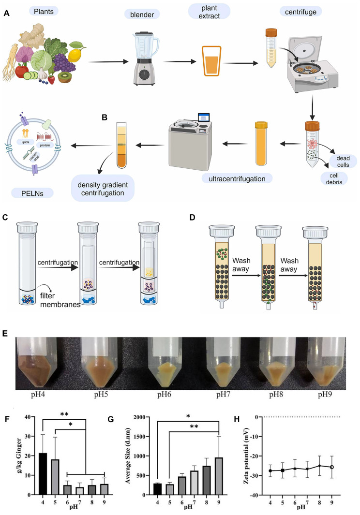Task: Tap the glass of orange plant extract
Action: [x=211, y=61]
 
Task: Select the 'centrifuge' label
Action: [x=300, y=12]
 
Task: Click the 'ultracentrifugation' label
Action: [x=237, y=178]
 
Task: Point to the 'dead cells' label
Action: [x=343, y=161]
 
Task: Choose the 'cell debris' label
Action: [x=334, y=178]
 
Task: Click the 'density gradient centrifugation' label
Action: [x=103, y=189]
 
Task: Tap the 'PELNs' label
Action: [x=32, y=193]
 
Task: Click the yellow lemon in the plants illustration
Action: [x=74, y=55]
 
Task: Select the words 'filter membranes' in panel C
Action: [x=60, y=300]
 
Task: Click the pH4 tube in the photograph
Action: [x=35, y=363]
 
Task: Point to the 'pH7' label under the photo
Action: [x=223, y=395]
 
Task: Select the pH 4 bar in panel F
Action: [x=43, y=474]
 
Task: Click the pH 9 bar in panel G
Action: [x=219, y=476]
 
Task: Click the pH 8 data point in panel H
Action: [x=319, y=466]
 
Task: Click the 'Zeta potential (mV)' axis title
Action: [x=246, y=456]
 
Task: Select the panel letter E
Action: [x=5, y=333]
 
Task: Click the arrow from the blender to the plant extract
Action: [x=180, y=61]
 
